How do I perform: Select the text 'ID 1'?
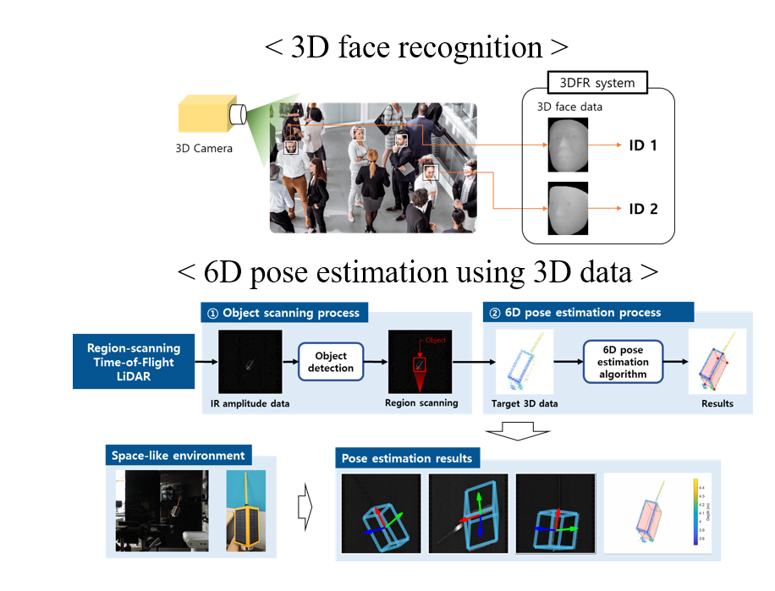click(x=643, y=145)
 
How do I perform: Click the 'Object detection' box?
click(x=331, y=362)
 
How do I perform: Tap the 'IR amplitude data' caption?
click(x=250, y=404)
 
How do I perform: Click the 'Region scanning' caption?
click(x=421, y=403)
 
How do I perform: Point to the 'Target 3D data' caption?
click(x=525, y=404)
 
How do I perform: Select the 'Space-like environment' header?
click(x=178, y=456)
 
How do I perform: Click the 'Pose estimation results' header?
click(x=407, y=459)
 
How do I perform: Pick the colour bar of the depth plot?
click(x=695, y=512)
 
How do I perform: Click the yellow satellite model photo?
click(x=245, y=512)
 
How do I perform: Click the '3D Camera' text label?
click(x=203, y=150)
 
